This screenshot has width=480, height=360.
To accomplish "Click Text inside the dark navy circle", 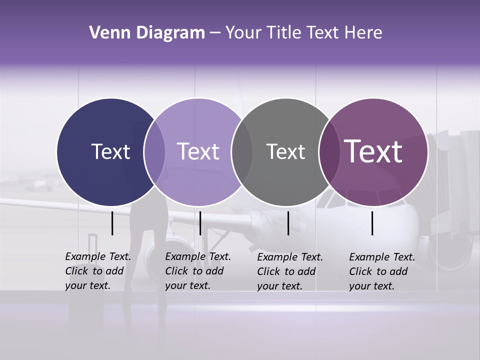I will (x=110, y=151).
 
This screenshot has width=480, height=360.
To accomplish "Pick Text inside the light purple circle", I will (x=198, y=151).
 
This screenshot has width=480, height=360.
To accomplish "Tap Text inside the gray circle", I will (x=285, y=151).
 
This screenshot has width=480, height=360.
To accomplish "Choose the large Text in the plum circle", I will (x=373, y=151).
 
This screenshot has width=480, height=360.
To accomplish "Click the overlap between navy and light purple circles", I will (x=154, y=152).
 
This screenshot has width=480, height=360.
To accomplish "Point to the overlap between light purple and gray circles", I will (x=242, y=152).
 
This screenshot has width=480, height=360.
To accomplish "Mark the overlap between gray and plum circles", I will (x=327, y=152).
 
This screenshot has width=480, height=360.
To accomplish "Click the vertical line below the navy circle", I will (x=112, y=223).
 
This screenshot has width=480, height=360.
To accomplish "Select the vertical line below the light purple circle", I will (x=200, y=223).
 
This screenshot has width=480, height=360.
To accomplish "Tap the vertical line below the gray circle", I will (x=288, y=223).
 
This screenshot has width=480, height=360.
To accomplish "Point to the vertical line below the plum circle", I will (x=372, y=223).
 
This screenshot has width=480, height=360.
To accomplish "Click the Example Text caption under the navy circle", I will (x=97, y=271).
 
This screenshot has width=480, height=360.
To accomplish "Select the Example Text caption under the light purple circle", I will (x=197, y=271).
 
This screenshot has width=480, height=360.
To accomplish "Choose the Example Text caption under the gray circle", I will (x=289, y=271).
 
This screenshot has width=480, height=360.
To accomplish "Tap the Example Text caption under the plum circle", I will (x=381, y=271).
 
